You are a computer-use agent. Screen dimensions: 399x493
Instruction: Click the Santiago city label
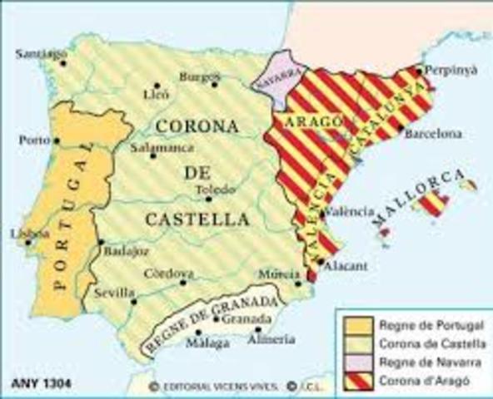pos(40,55)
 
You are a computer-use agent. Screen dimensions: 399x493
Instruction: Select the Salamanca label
pos(163,147)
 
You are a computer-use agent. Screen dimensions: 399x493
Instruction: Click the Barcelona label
pos(433,133)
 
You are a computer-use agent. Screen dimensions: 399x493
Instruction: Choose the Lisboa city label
pos(22,233)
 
